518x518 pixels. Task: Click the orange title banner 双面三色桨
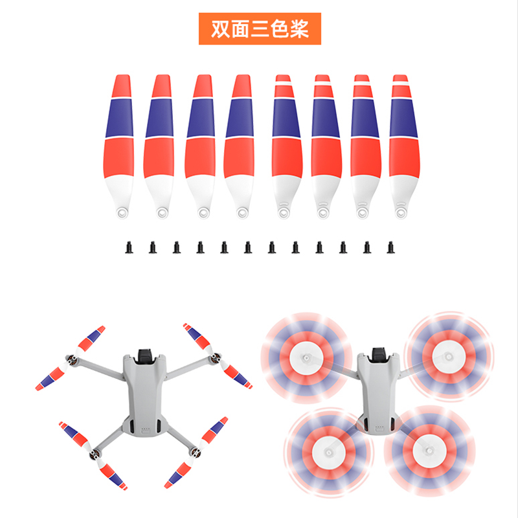(260, 28)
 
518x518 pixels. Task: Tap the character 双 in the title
(221, 29)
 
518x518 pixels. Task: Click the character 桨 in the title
(299, 29)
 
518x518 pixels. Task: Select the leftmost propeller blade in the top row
(119, 146)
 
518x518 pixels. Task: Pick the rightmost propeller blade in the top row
(404, 146)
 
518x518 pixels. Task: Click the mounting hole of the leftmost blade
(122, 212)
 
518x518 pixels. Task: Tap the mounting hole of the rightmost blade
(401, 212)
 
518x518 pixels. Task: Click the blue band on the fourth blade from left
(240, 118)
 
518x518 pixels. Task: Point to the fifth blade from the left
(286, 146)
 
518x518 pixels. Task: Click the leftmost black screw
(129, 247)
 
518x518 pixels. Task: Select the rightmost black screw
(391, 247)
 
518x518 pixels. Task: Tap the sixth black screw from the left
(248, 247)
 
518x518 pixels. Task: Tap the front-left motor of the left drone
(72, 360)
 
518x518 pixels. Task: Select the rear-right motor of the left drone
(196, 452)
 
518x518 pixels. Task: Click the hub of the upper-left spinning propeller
(306, 357)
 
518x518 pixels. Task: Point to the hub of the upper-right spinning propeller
(448, 357)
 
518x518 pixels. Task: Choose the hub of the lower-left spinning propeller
(328, 451)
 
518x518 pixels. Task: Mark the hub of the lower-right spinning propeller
(429, 450)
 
